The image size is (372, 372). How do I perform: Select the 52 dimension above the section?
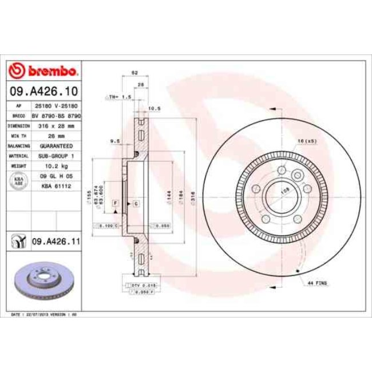[x=134, y=73]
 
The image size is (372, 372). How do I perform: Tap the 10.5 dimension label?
[x=153, y=108]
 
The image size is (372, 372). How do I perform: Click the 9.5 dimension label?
[x=113, y=140]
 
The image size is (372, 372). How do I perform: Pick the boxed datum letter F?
[x=115, y=203]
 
